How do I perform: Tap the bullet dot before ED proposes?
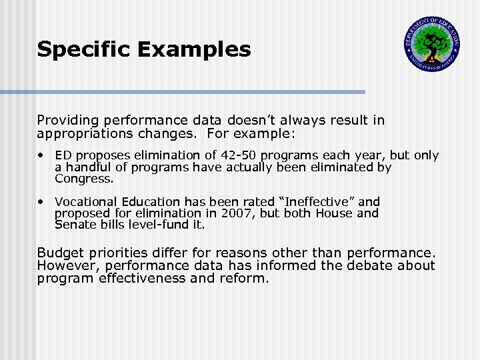pyautogui.click(x=42, y=155)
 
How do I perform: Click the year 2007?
pyautogui.click(x=233, y=213)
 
